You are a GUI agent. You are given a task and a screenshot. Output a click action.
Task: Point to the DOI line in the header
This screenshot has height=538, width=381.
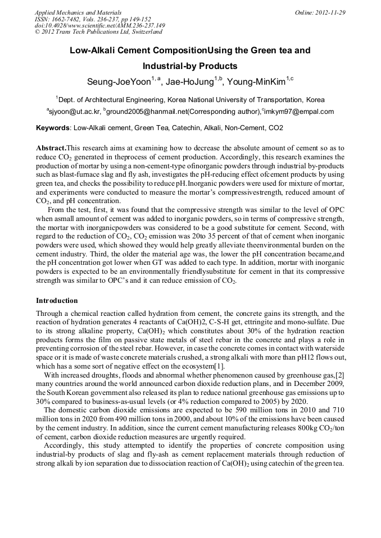point(99,25)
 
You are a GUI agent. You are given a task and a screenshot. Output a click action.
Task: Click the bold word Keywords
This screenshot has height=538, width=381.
point(53,128)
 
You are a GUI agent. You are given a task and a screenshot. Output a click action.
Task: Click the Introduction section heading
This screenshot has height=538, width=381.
point(57,301)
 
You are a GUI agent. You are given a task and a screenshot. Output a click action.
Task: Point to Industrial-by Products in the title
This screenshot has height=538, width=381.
point(190,66)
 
